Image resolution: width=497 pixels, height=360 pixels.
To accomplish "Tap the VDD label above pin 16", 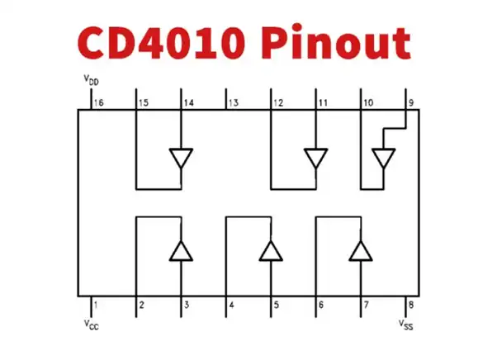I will (91, 81).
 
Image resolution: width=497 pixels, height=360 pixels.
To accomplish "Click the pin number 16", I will (99, 103).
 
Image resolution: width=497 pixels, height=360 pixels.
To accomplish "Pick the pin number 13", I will (233, 103).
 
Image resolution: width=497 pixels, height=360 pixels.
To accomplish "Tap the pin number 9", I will (410, 103).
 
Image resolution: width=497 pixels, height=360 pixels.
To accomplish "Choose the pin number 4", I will (230, 305).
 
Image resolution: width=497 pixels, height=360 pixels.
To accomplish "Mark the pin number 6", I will (320, 305).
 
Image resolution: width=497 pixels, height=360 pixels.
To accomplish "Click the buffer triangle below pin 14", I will (181, 157).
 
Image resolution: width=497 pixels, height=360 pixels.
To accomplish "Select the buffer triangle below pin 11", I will (315, 157).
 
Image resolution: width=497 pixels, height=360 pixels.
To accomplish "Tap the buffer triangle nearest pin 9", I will (383, 157).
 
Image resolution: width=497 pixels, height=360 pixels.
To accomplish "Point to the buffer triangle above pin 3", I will (181, 250).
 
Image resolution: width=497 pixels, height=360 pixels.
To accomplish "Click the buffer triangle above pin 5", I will (270, 250).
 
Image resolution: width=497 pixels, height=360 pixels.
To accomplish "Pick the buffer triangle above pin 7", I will (360, 250).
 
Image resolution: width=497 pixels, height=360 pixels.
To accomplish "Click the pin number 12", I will (278, 103).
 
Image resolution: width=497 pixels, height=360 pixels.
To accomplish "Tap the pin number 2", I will (142, 305).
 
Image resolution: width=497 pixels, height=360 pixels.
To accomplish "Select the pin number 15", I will (144, 103).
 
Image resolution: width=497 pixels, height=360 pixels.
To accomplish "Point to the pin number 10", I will (368, 103).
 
